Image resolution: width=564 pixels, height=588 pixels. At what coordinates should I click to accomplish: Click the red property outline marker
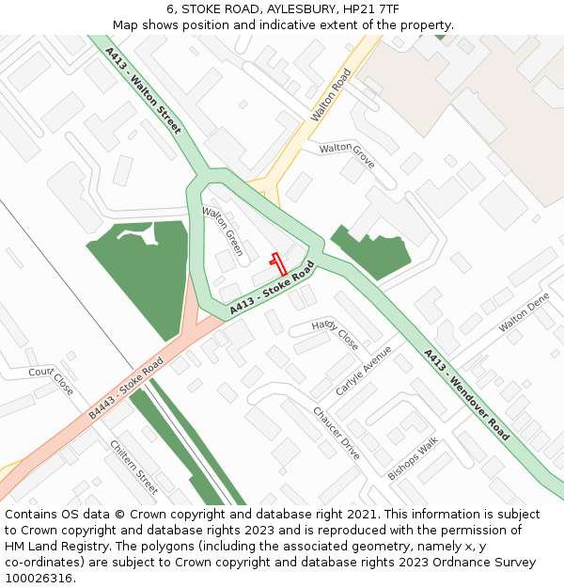tap(278, 263)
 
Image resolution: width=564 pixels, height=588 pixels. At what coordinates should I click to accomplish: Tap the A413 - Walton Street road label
tap(143, 90)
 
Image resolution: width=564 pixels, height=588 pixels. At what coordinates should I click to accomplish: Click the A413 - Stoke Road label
tap(271, 288)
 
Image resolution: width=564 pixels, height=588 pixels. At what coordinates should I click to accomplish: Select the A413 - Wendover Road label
tap(466, 394)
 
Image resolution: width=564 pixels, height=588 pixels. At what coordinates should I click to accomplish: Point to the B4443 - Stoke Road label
tap(126, 388)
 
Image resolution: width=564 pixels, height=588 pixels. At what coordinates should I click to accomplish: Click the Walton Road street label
tap(330, 94)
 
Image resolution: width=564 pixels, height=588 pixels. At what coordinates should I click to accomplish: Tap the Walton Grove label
tap(347, 155)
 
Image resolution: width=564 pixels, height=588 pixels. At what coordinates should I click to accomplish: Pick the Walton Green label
tap(224, 231)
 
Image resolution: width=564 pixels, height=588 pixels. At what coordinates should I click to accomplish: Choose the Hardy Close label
tap(336, 334)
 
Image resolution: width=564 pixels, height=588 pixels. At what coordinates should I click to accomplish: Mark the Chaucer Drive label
tap(337, 433)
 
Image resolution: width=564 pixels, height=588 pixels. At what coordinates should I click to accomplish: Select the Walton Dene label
tap(524, 312)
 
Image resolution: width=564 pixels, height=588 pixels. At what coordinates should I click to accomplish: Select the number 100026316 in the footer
tap(38, 579)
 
